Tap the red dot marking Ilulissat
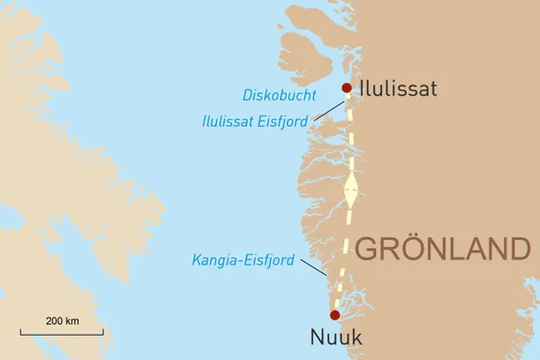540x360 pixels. (346, 87)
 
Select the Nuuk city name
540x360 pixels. (335, 338)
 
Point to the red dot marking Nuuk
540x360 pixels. (335, 315)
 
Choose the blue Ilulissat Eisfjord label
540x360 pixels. (256, 120)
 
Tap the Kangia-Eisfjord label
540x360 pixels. (244, 260)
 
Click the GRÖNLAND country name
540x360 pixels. (441, 247)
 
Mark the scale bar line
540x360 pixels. (61, 334)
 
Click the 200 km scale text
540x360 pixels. (62, 321)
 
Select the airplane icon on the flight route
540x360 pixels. (351, 192)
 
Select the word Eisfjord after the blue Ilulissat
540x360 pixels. (283, 120)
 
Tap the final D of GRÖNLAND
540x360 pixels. (514, 248)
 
